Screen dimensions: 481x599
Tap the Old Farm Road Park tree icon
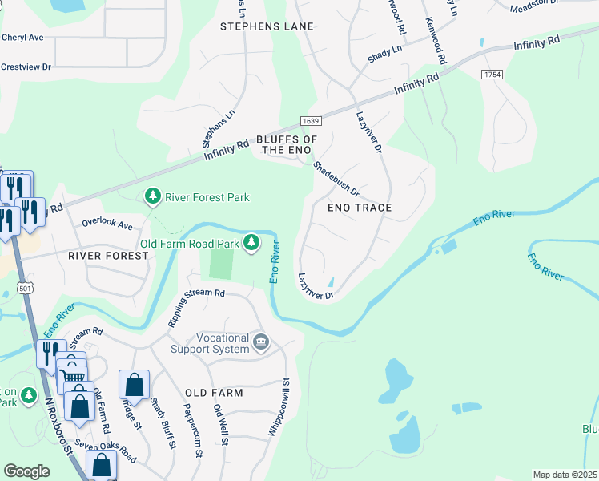251,242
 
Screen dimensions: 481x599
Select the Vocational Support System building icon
261,343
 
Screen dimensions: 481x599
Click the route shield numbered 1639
311,121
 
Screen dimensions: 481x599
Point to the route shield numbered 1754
492,74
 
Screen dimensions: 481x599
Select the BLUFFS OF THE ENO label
287,144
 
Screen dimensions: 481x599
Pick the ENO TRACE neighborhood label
360,208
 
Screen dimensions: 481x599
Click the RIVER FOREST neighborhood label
108,256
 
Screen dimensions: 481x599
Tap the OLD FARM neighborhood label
214,393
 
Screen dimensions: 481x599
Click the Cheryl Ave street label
22,38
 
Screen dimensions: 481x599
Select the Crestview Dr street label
24,67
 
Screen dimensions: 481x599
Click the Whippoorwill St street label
284,407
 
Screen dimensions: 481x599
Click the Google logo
26,471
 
